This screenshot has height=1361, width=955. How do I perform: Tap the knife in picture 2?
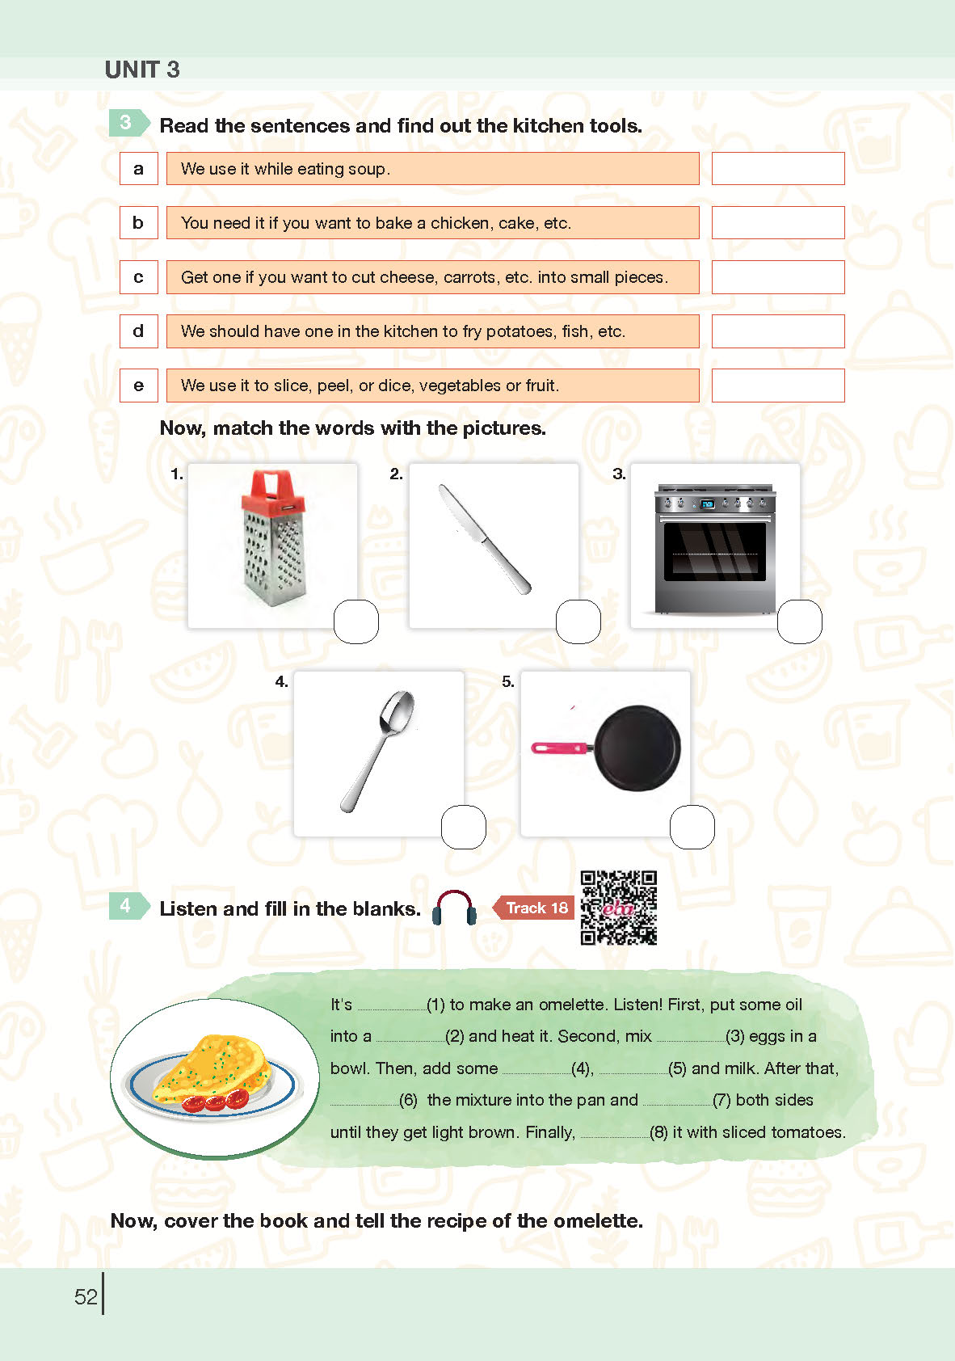pos(485,539)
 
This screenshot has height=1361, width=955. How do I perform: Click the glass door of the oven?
pos(715,552)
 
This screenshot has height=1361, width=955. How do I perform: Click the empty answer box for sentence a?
pos(777,168)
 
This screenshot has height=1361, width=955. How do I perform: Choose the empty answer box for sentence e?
pos(777,386)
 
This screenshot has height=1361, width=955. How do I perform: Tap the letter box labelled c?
pos(138,277)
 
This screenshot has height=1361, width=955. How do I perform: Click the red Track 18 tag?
pos(532,907)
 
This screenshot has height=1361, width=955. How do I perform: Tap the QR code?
pos(618,908)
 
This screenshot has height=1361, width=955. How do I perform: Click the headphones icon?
pos(454,908)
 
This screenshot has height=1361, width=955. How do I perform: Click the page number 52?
pos(86,1296)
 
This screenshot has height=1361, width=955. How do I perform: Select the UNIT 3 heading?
pos(142,70)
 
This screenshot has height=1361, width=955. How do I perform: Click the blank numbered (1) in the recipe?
pos(392,1009)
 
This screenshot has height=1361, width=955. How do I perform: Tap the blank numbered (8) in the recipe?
pos(615,1136)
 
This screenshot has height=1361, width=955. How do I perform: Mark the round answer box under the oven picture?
pos(800,622)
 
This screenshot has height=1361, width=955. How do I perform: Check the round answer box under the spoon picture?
pos(464,827)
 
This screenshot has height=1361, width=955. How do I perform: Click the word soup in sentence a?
pos(366,169)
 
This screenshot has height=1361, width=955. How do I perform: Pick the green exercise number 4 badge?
pos(128,906)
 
